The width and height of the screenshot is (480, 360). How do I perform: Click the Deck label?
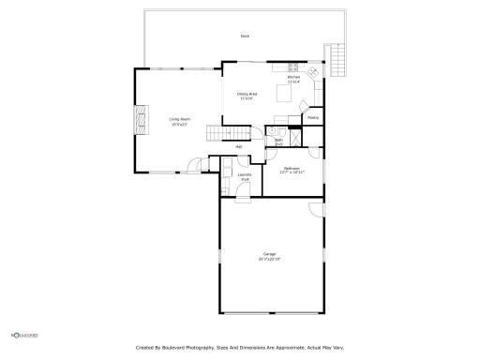coord(245,37)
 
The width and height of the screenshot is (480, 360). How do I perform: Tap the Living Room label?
coord(179,119)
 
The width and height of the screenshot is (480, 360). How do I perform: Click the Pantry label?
coord(313,118)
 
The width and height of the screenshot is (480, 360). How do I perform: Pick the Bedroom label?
coord(292,169)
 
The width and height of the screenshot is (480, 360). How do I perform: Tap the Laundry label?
coord(244,174)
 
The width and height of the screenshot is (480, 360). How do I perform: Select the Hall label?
coord(239,147)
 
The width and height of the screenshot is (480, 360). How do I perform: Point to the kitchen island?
coord(283,94)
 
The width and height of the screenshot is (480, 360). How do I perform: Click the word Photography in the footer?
coord(196,348)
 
